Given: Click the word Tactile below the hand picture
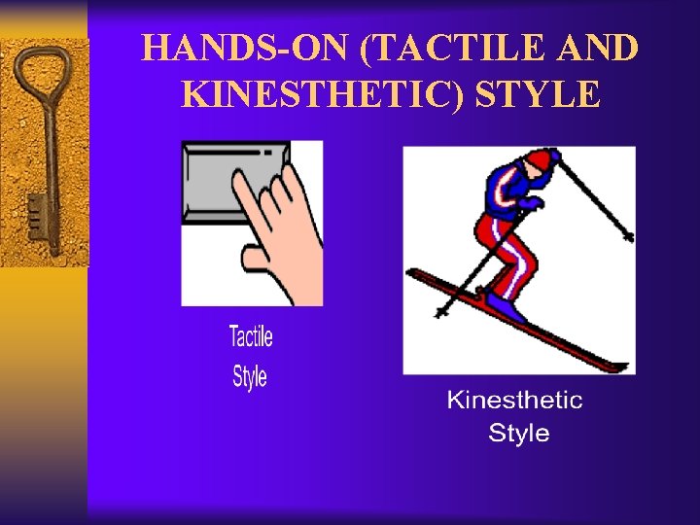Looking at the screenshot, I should (251, 337).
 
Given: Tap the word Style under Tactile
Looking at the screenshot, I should (249, 376).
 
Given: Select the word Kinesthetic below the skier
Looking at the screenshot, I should (514, 400).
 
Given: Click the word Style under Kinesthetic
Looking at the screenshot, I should (519, 433).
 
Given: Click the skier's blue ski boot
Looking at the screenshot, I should (506, 307).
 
